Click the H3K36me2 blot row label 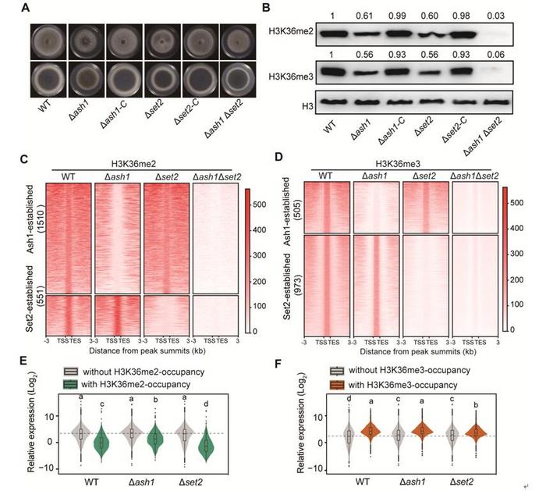317,36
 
